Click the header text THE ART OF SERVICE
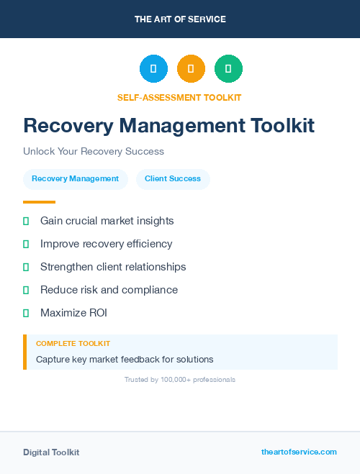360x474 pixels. pos(180,19)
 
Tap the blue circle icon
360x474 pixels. pos(153,69)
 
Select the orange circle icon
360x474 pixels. pos(191,69)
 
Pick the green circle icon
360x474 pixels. pos(228,69)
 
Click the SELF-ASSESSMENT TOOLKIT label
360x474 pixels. pos(179,97)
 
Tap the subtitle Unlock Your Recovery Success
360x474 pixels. pos(94,152)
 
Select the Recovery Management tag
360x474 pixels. pos(76,179)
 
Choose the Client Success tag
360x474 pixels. pos(173,179)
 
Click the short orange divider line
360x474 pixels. pos(39,202)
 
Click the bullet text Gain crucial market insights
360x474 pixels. pos(107,221)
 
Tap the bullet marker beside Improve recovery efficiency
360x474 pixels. pos(26,244)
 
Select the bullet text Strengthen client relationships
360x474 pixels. pos(113,267)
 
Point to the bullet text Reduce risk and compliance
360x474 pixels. pos(109,290)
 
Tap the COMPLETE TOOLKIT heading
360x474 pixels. pos(73,344)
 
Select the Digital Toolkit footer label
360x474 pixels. pos(51,452)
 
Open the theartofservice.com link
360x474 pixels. pos(299,452)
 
